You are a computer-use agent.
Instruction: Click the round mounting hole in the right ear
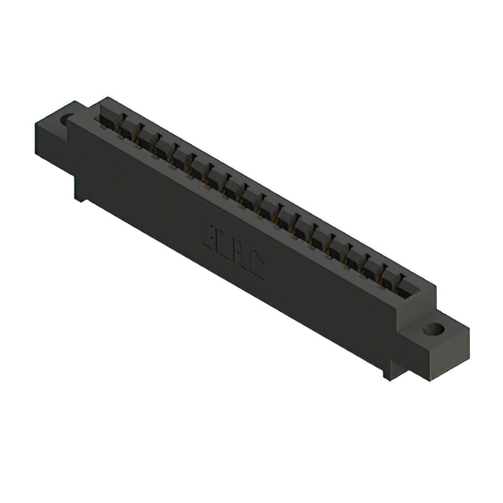(433, 329)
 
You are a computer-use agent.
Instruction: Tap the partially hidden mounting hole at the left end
(66, 120)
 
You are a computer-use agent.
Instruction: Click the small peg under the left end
(80, 193)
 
